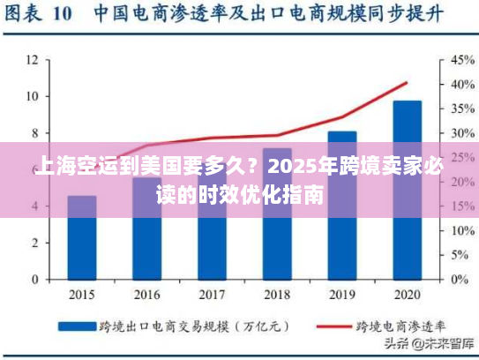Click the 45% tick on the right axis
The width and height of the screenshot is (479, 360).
pos(463,60)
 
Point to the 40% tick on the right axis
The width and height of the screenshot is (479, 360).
pos(463,85)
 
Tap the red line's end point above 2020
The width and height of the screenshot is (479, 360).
pos(407,83)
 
